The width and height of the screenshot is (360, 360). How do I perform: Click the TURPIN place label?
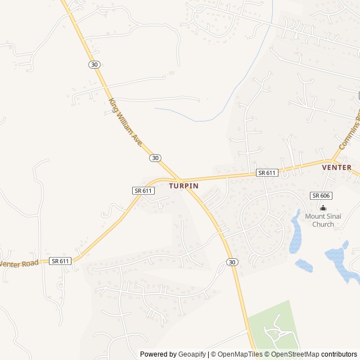pyautogui.click(x=183, y=185)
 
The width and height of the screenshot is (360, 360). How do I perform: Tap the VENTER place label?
pyautogui.click(x=336, y=167)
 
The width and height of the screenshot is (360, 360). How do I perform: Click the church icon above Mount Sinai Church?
pyautogui.click(x=323, y=208)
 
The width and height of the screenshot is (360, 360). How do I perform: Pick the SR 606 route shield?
pyautogui.click(x=321, y=195)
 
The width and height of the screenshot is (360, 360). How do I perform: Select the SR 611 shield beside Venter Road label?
pyautogui.click(x=60, y=261)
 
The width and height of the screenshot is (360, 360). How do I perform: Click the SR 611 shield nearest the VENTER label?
pyautogui.click(x=267, y=173)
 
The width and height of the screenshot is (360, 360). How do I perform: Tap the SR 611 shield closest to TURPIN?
pyautogui.click(x=143, y=191)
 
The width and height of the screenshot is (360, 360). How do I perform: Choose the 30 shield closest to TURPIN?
pyautogui.click(x=155, y=158)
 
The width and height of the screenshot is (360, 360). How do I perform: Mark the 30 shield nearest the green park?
pyautogui.click(x=232, y=262)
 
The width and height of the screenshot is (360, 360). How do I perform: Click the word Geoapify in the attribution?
pyautogui.click(x=192, y=354)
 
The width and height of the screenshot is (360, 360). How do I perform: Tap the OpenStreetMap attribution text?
pyautogui.click(x=295, y=354)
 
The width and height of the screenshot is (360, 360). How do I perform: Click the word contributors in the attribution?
pyautogui.click(x=339, y=354)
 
